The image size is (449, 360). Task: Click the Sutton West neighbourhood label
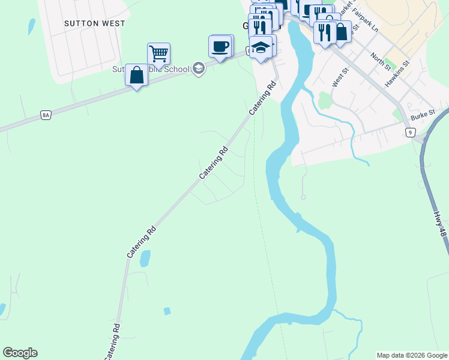click(x=95, y=23)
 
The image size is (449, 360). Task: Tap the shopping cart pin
click(x=158, y=53)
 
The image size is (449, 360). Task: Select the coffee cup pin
click(x=221, y=46)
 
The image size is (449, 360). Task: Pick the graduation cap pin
click(x=261, y=49)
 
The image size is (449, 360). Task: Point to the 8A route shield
click(x=45, y=115)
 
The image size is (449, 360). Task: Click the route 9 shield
click(x=411, y=133)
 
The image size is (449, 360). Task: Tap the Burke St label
click(x=423, y=115)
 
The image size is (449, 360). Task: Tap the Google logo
click(x=20, y=353)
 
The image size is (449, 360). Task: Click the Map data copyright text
click(x=412, y=355)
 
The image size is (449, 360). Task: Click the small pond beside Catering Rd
click(x=145, y=259)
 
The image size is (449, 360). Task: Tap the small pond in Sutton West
click(x=31, y=26)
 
